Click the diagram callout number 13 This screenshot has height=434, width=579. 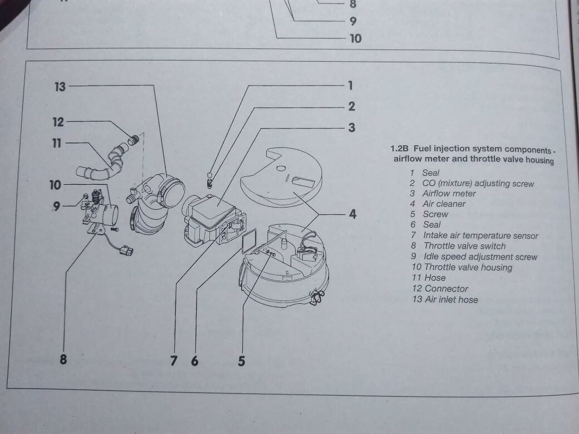(x=60, y=87)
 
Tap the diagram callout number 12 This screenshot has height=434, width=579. (x=59, y=122)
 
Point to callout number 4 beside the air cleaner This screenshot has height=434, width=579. (x=352, y=214)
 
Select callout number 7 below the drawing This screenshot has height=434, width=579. (x=174, y=361)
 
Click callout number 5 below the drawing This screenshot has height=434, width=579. (x=241, y=361)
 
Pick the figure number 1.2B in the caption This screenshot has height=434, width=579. (x=400, y=149)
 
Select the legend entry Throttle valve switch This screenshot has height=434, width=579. (x=464, y=246)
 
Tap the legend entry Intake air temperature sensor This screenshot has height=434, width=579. (x=480, y=235)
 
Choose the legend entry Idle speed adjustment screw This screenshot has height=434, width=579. (x=480, y=257)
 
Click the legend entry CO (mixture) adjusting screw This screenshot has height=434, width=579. (x=478, y=183)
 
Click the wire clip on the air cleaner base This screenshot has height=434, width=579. (x=319, y=298)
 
